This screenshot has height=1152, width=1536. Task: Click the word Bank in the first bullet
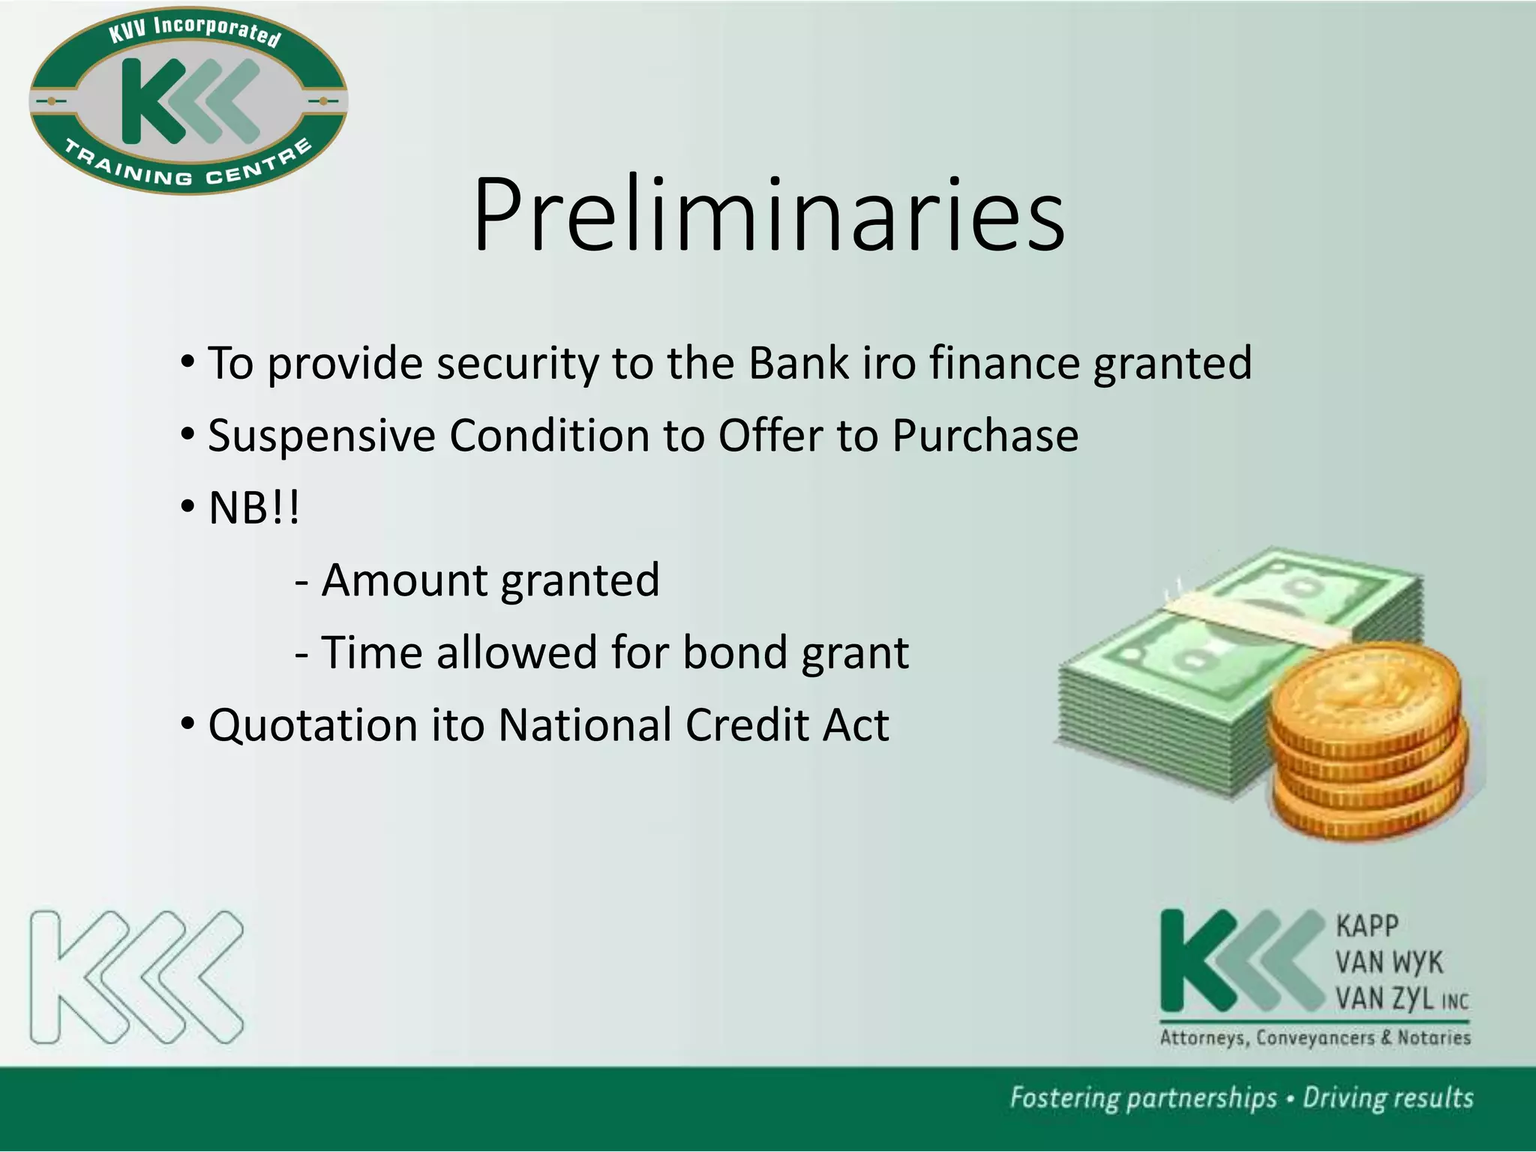[x=798, y=363]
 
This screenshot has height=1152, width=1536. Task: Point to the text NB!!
[x=253, y=508]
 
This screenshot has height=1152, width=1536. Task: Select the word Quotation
[x=312, y=726]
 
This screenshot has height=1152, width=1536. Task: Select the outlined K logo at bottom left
[x=136, y=977]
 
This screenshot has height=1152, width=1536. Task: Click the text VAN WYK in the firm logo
[x=1388, y=962]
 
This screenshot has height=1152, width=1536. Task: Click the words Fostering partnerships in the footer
[x=1142, y=1098]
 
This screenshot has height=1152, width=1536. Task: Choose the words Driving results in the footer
[x=1387, y=1098]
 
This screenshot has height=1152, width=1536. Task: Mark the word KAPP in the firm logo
[x=1366, y=926]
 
